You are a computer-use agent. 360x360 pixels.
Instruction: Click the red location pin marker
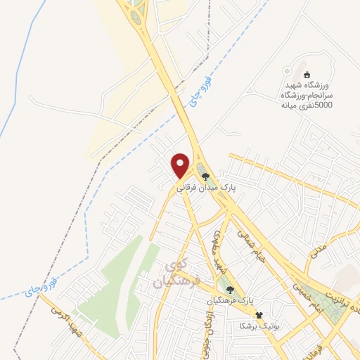point(181,165)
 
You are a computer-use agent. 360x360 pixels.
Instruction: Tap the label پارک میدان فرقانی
point(205,188)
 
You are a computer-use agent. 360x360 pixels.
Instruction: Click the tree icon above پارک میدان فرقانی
point(205,176)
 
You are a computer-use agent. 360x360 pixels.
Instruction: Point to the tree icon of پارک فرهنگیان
point(229,290)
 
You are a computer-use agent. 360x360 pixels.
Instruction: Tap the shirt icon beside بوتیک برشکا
point(259,315)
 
